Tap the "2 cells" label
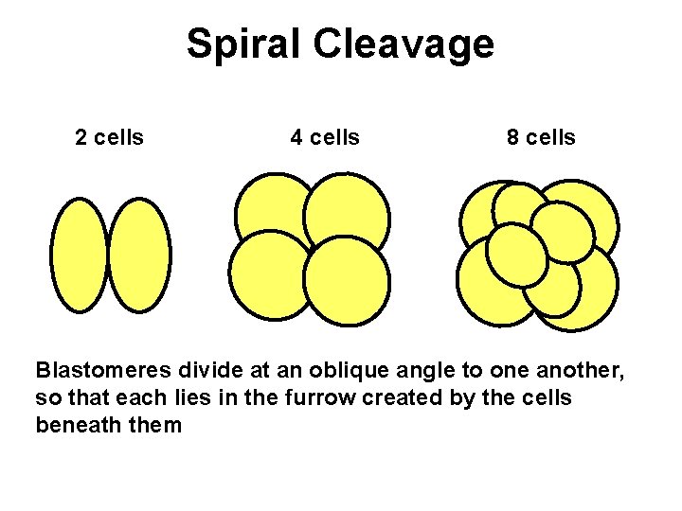(109, 138)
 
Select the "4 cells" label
(325, 138)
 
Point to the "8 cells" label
(541, 138)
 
